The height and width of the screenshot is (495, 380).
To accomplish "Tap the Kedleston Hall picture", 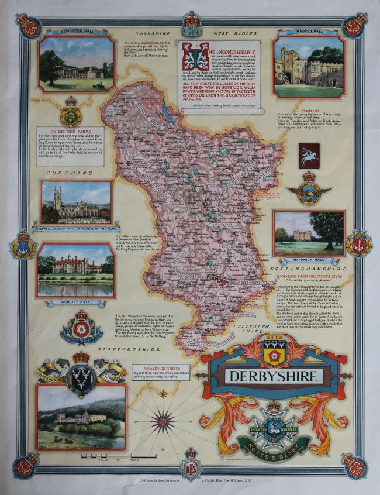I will [x=77, y=64].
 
